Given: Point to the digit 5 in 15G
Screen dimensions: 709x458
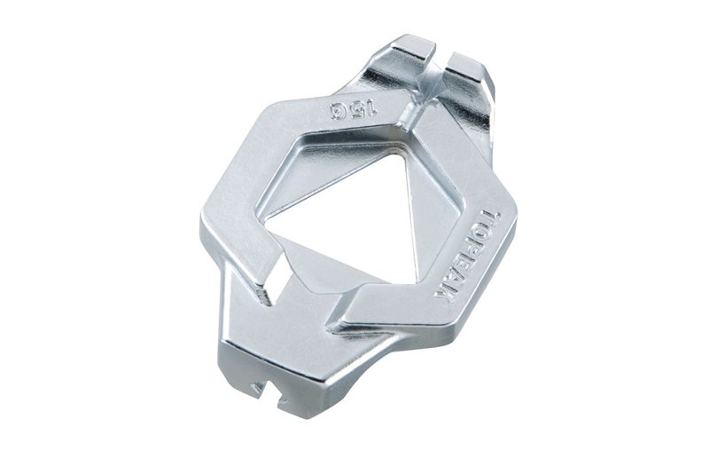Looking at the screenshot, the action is click(x=356, y=109).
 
